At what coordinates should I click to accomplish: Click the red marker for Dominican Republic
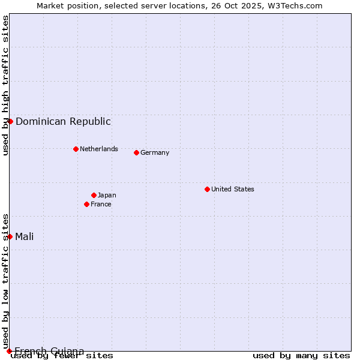click(10, 121)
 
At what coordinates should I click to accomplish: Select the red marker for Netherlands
click(76, 149)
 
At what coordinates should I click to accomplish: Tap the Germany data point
click(136, 152)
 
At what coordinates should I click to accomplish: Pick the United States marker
click(207, 189)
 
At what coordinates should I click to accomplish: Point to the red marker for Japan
click(94, 195)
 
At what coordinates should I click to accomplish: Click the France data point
click(86, 204)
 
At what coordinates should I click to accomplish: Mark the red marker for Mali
click(10, 236)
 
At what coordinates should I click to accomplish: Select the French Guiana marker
click(9, 351)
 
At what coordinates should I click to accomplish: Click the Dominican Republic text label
click(63, 122)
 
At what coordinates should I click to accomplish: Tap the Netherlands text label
click(99, 149)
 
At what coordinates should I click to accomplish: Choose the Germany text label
click(155, 152)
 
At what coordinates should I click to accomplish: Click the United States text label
click(233, 189)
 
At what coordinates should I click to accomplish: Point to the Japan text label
click(107, 195)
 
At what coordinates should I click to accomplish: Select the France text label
click(101, 204)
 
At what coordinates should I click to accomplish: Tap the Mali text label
click(25, 236)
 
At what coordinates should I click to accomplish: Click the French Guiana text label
click(49, 351)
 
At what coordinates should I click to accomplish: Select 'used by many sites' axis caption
click(301, 356)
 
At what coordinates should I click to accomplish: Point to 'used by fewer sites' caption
click(62, 356)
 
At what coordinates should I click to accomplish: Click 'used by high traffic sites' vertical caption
click(5, 85)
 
